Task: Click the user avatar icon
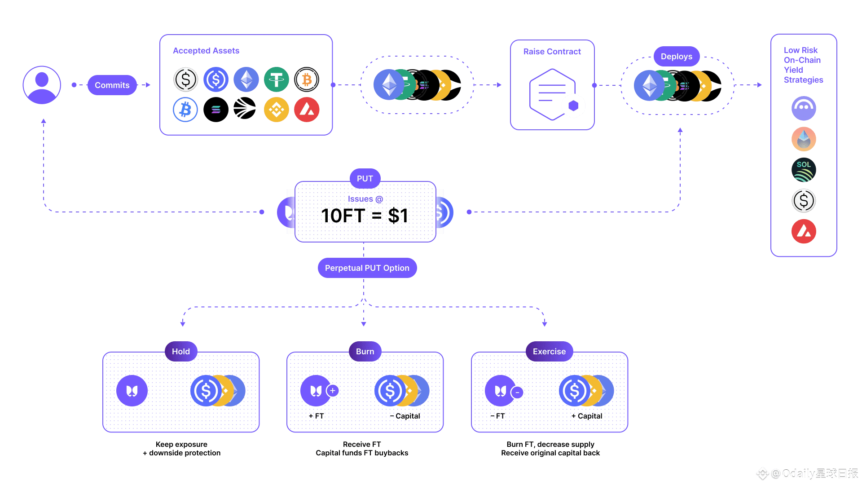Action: [x=42, y=85]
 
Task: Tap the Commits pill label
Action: [x=112, y=85]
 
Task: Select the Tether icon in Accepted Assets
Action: [x=276, y=79]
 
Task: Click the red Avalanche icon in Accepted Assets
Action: [x=307, y=110]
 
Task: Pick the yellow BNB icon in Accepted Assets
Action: [x=276, y=110]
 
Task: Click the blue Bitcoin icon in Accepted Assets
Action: [x=185, y=110]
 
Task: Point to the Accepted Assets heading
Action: [x=206, y=51]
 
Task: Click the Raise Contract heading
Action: [x=552, y=52]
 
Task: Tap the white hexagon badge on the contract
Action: [x=573, y=106]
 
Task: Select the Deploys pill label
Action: [x=676, y=57]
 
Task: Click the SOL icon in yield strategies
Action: [x=804, y=170]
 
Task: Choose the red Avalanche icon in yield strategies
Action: [x=804, y=231]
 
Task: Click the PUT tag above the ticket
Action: [x=365, y=179]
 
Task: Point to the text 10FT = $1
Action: [x=365, y=216]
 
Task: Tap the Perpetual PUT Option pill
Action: [x=367, y=268]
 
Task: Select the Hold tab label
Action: [x=180, y=352]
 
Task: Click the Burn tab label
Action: [x=365, y=352]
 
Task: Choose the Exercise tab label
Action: [x=549, y=352]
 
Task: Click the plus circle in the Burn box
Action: [x=333, y=391]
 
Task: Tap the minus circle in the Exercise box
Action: [x=517, y=392]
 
